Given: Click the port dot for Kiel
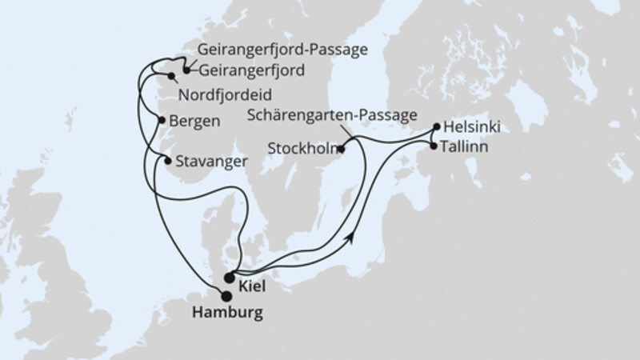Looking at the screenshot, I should pos(230,278).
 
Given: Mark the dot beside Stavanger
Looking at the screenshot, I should pos(167,161).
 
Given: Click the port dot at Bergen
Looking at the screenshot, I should pos(162,122).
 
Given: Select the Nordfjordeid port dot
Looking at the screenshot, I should pos(171,77).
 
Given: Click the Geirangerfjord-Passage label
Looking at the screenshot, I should pos(279,50).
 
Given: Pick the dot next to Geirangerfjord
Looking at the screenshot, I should pos(186,70).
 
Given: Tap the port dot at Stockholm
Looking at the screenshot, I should pos(342,148).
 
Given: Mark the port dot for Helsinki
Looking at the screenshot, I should pos(436,126).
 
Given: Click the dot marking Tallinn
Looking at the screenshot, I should pos(434,146).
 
